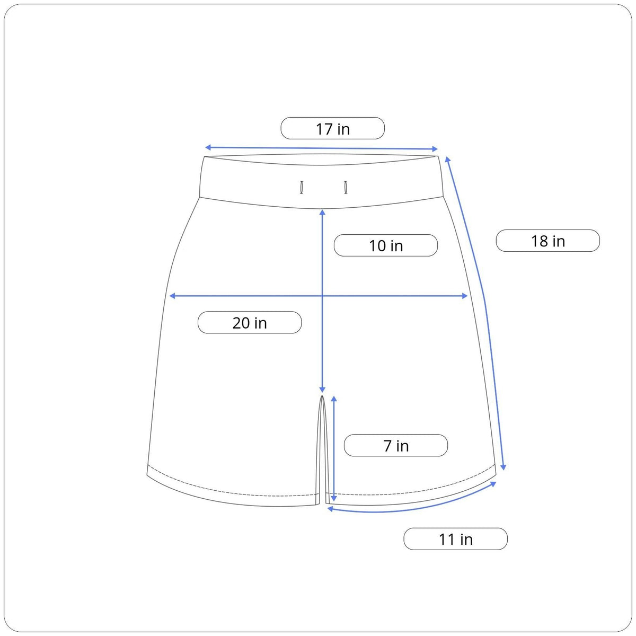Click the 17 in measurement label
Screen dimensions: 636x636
332,128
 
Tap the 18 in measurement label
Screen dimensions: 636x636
547,241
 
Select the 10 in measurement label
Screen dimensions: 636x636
385,245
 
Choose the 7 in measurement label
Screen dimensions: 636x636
396,445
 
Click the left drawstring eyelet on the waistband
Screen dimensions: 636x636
302,187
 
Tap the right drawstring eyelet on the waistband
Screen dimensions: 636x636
346,187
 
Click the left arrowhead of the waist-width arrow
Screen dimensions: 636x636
208,147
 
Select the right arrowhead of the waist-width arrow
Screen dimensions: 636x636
435,149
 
